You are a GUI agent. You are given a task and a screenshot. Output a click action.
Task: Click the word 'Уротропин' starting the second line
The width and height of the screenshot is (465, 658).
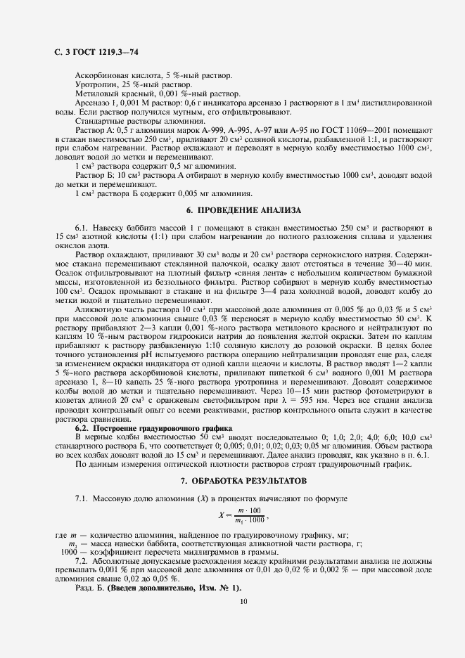click(x=95, y=84)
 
